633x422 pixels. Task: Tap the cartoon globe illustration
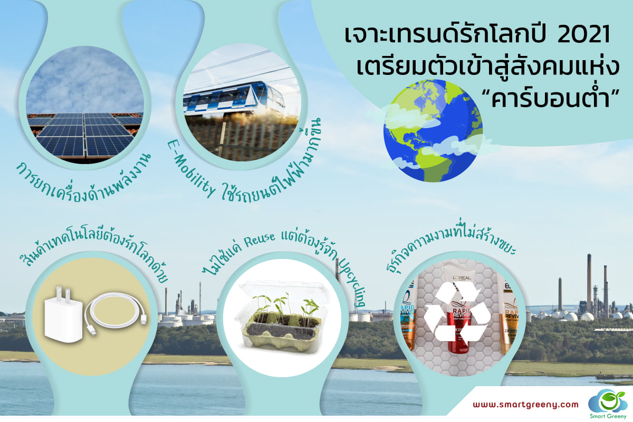433,131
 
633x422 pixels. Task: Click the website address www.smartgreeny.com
525,405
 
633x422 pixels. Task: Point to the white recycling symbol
457,314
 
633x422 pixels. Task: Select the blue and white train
234,98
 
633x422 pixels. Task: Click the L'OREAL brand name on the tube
462,278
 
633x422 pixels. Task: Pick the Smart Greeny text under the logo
608,416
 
